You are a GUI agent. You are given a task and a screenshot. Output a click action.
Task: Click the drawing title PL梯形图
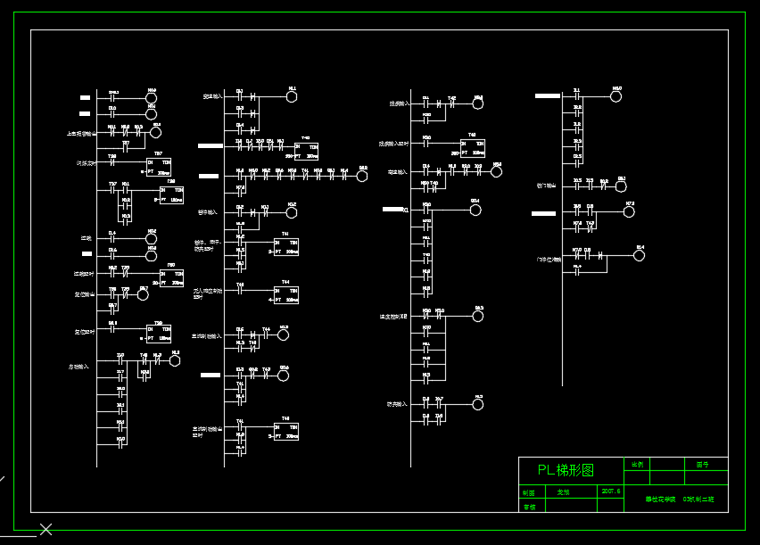[x=566, y=470]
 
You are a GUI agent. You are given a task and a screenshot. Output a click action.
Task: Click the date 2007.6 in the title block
[x=612, y=491]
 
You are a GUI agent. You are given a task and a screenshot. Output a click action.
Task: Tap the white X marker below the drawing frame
[x=45, y=530]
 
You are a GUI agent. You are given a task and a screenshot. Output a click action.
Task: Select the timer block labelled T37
[x=159, y=167]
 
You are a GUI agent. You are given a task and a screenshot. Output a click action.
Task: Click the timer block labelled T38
[x=172, y=194]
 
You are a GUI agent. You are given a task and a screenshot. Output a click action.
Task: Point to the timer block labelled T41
[x=285, y=247]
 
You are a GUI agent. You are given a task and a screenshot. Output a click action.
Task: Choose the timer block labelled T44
[x=285, y=294]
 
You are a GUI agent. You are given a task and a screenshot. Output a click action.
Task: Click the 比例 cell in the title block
[x=637, y=464]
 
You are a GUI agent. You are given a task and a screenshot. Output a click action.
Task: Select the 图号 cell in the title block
[x=702, y=464]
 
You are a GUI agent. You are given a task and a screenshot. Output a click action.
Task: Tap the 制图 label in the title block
[x=529, y=491]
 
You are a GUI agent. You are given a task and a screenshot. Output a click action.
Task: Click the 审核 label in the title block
[x=529, y=506]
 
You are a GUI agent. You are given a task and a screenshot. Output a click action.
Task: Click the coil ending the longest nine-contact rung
[x=362, y=176]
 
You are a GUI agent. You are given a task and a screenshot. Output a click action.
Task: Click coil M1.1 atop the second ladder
[x=291, y=96]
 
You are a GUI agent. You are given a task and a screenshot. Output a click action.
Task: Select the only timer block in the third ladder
[x=473, y=147]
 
